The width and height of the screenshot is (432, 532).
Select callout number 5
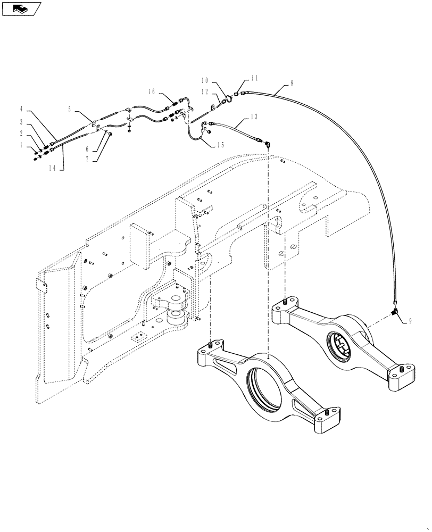(70, 109)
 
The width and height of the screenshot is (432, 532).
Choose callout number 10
(205, 80)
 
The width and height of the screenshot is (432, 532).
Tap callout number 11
(254, 78)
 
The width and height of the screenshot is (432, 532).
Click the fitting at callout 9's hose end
(395, 312)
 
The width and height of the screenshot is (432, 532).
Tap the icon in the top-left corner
(21, 9)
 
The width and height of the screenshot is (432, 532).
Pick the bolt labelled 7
(109, 135)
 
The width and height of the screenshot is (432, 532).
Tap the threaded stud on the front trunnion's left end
(213, 345)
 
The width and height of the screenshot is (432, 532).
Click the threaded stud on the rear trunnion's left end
(286, 301)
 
